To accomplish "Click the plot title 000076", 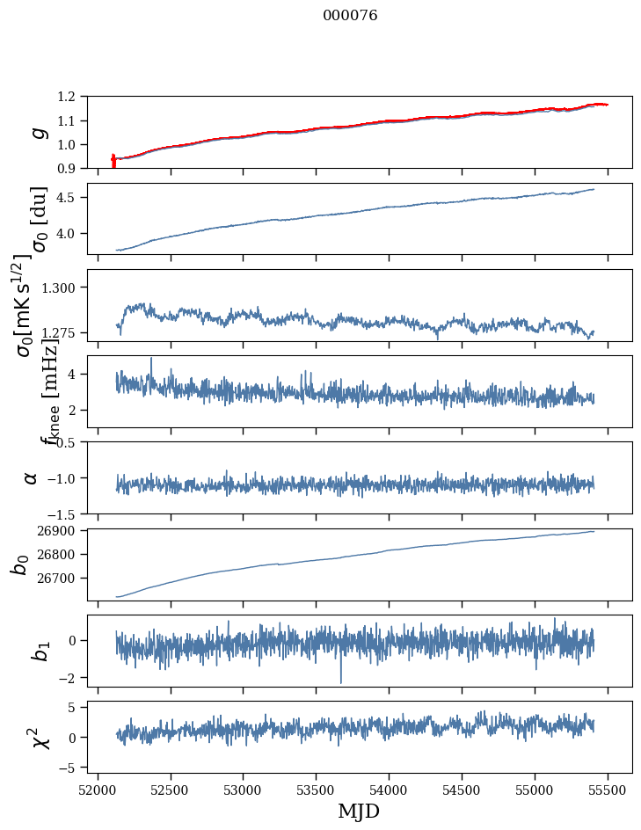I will [x=350, y=16].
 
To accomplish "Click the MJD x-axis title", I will [x=359, y=812].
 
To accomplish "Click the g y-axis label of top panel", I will [x=37, y=133].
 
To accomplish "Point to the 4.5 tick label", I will [x=76, y=198].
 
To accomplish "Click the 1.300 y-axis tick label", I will [x=69, y=288].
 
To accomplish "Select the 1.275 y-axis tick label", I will [x=69, y=333].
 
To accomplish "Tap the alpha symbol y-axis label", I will [x=31, y=477].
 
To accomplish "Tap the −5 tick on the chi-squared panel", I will [x=76, y=768].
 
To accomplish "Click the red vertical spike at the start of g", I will [x=113, y=162].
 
